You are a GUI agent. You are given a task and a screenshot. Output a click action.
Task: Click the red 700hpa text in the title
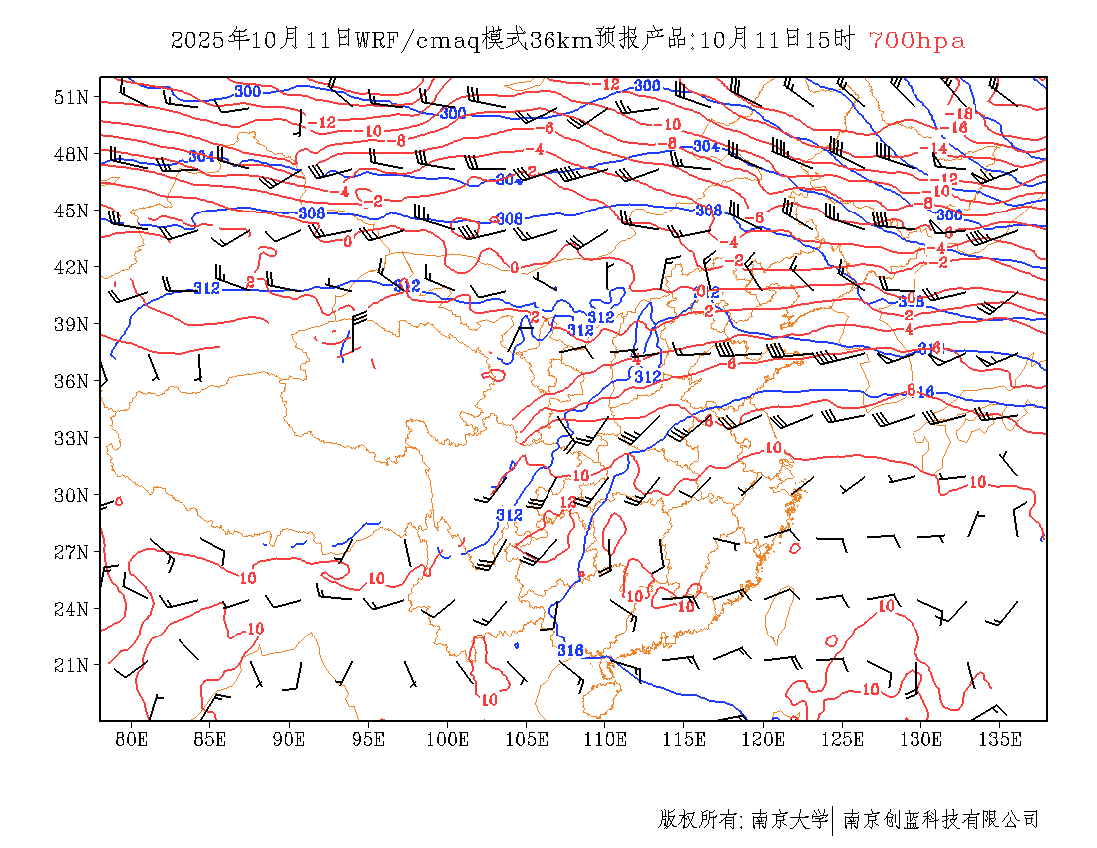click(x=916, y=40)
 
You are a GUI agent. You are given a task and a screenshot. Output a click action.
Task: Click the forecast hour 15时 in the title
click(x=832, y=40)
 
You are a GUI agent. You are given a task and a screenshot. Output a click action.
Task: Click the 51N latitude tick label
click(x=71, y=97)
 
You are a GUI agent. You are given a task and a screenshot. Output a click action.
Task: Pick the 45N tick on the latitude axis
click(x=71, y=211)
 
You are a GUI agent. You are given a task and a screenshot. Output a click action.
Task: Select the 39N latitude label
click(x=71, y=324)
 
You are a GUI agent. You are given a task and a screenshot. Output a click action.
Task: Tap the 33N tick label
click(x=71, y=438)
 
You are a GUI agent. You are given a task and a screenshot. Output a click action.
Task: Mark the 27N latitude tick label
click(x=71, y=552)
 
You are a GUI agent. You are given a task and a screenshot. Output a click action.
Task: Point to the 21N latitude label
click(x=71, y=665)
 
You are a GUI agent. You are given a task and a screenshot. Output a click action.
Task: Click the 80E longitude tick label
click(x=132, y=739)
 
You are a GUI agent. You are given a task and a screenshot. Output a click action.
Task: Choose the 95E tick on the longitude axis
click(x=369, y=739)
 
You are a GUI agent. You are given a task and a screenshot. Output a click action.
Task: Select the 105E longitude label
click(x=527, y=739)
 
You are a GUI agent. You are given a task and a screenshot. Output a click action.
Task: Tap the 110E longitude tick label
click(x=605, y=739)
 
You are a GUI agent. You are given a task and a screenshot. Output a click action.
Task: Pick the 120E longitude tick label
click(x=764, y=739)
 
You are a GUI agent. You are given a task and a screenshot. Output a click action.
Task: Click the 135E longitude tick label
click(x=1000, y=739)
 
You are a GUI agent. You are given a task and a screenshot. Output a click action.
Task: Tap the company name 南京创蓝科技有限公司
click(x=940, y=820)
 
